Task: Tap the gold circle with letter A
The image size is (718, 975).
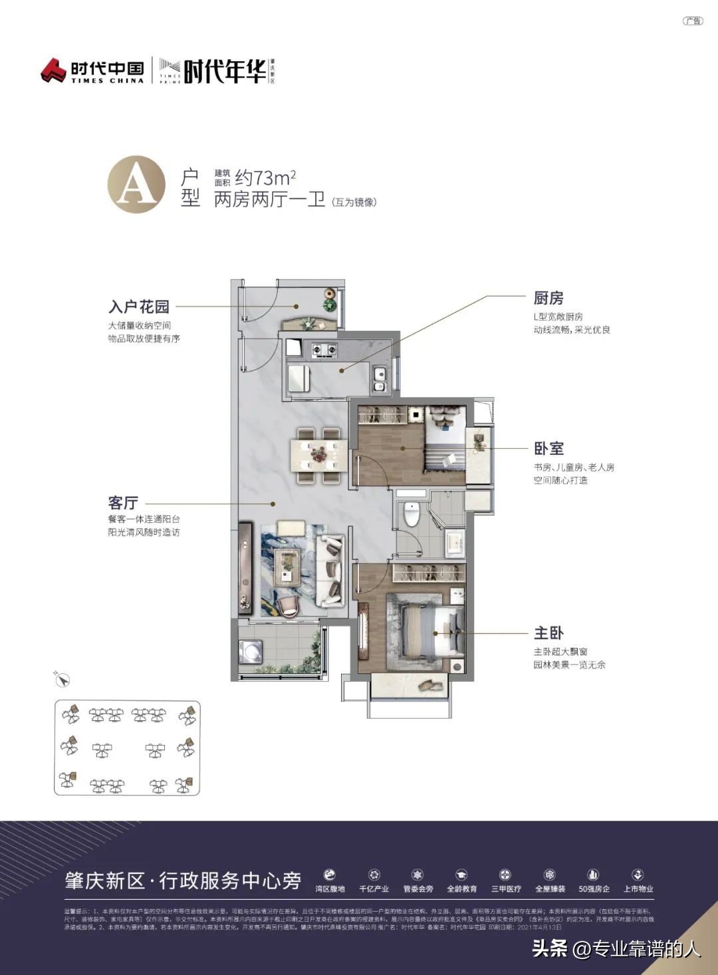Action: coord(136,184)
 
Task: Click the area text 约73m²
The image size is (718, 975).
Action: coord(265,178)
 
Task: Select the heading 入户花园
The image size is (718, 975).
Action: coord(139,307)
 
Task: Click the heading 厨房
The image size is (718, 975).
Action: coord(548,298)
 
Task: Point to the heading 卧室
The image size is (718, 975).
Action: coord(548,449)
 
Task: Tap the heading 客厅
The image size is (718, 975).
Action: coord(123,503)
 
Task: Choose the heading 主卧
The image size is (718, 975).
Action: coord(548,633)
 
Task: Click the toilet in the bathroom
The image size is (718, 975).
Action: coord(412,513)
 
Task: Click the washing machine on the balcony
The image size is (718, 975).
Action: coord(250,651)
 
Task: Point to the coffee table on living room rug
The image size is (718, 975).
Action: coord(288,561)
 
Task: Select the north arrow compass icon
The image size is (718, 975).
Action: coord(62,679)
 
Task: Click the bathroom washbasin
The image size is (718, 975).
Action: coord(455,541)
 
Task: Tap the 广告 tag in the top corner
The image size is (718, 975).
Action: coord(693,21)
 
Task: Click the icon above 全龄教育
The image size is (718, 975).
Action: coord(461,875)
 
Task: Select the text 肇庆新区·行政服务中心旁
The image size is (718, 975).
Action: coord(183,881)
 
